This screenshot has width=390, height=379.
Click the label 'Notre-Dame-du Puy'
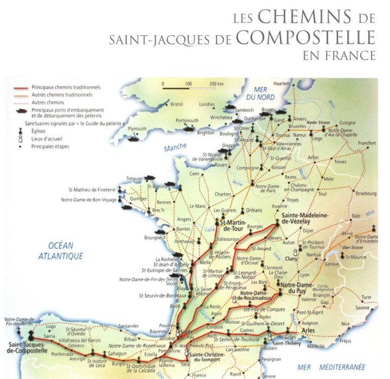tap(297, 289)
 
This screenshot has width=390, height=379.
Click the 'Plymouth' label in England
tap(137, 128)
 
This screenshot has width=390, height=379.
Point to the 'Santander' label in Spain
tap(128, 325)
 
